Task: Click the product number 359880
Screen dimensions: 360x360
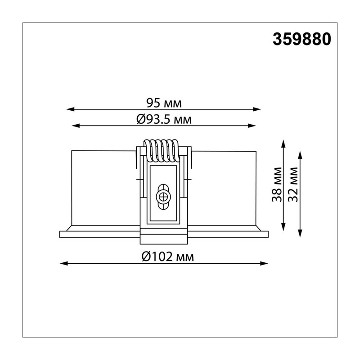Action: point(301,39)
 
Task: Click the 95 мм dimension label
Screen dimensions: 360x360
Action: point(164,103)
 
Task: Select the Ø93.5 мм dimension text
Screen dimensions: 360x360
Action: point(164,120)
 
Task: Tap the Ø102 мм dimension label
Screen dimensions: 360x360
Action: point(168,256)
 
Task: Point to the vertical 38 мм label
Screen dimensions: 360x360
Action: point(277,184)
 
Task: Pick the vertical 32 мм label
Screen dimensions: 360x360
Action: point(293,184)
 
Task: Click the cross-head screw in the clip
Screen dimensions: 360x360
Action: point(163,197)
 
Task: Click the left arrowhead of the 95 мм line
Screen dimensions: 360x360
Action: point(70,109)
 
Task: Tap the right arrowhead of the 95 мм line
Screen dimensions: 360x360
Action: point(257,109)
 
